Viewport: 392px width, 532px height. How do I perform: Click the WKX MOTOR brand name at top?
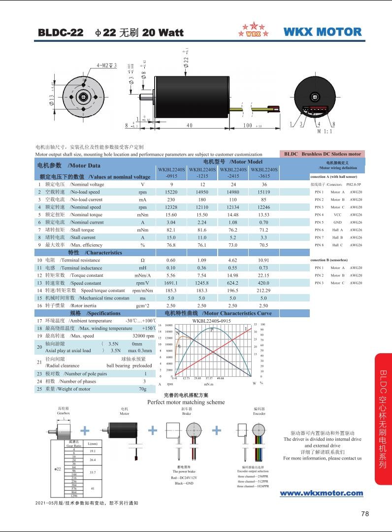[x=323, y=32]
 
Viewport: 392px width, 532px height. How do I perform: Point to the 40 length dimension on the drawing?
[x=189, y=126]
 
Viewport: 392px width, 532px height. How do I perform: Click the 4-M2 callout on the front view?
[x=106, y=66]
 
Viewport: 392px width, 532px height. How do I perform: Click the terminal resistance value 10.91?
[x=263, y=260]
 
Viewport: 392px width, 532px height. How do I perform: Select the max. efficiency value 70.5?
[x=263, y=245]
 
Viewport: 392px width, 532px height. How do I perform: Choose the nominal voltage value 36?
[x=263, y=184]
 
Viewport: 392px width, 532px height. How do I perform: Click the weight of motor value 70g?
[x=142, y=389]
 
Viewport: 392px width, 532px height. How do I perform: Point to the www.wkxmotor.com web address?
[x=321, y=493]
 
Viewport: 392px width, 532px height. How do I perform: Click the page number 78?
[x=365, y=514]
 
